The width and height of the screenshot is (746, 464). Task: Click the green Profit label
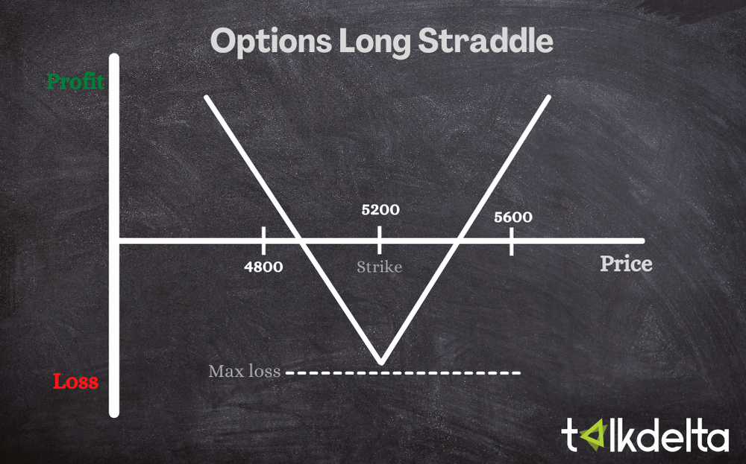tap(75, 81)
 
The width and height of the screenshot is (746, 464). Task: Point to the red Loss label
tap(75, 382)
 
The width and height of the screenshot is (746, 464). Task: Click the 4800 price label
tap(264, 266)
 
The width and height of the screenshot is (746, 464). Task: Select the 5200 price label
tap(380, 209)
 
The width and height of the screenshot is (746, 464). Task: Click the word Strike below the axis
tap(379, 267)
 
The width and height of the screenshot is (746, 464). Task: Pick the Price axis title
tap(626, 264)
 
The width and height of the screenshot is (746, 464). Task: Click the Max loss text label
tap(244, 370)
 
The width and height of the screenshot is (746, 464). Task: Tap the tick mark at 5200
tap(380, 240)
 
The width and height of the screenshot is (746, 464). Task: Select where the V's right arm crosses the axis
tap(458, 240)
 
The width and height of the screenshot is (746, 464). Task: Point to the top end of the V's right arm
tap(550, 98)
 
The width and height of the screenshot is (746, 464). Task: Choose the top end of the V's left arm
tap(207, 98)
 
